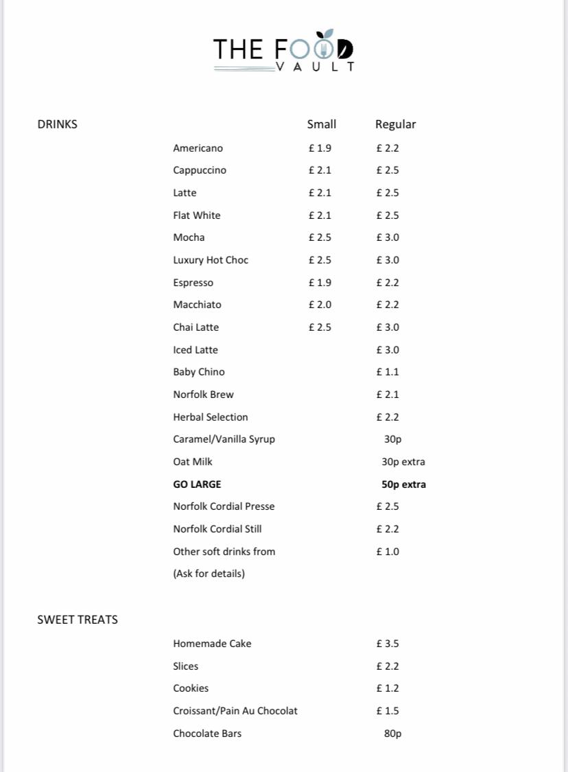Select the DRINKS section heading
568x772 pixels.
57,124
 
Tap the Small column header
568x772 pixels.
321,124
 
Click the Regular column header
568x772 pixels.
395,124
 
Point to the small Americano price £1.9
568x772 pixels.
320,148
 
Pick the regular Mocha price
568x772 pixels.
388,237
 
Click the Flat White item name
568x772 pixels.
197,215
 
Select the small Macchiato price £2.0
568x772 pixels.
320,305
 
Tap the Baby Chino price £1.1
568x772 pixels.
388,372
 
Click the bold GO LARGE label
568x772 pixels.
197,484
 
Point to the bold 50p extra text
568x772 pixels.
403,484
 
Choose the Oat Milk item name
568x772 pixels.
193,462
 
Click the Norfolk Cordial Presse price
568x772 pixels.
388,506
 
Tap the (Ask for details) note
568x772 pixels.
209,574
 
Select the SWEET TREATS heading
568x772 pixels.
78,620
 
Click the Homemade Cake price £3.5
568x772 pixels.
388,644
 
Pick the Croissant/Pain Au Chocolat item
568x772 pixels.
235,711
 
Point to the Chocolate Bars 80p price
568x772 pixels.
392,734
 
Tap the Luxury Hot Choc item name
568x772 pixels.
211,260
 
